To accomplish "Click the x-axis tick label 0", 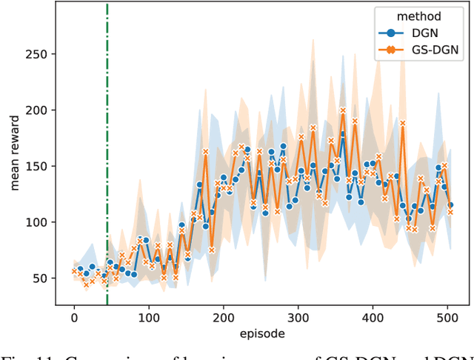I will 73,317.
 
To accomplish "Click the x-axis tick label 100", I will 148,317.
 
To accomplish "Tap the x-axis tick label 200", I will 224,317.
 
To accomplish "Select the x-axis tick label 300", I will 298,317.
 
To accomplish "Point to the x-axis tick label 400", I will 373,317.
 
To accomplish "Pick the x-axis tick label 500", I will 448,317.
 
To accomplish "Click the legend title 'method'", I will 418,16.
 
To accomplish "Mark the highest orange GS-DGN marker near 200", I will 343,110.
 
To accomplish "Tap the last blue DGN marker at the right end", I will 450,205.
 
